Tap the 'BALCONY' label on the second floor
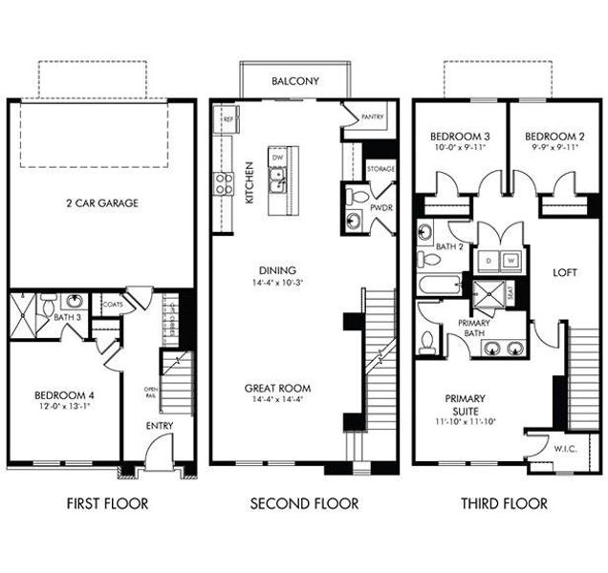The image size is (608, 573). [294, 81]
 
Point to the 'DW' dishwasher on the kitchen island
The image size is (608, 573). [277, 157]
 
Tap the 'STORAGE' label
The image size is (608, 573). [380, 169]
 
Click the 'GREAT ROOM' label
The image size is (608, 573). [277, 388]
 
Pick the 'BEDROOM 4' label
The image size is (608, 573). [64, 394]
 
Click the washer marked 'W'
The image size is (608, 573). [511, 258]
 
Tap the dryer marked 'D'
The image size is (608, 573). [489, 258]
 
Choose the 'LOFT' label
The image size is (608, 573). [566, 272]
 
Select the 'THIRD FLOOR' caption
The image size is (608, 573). [504, 503]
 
